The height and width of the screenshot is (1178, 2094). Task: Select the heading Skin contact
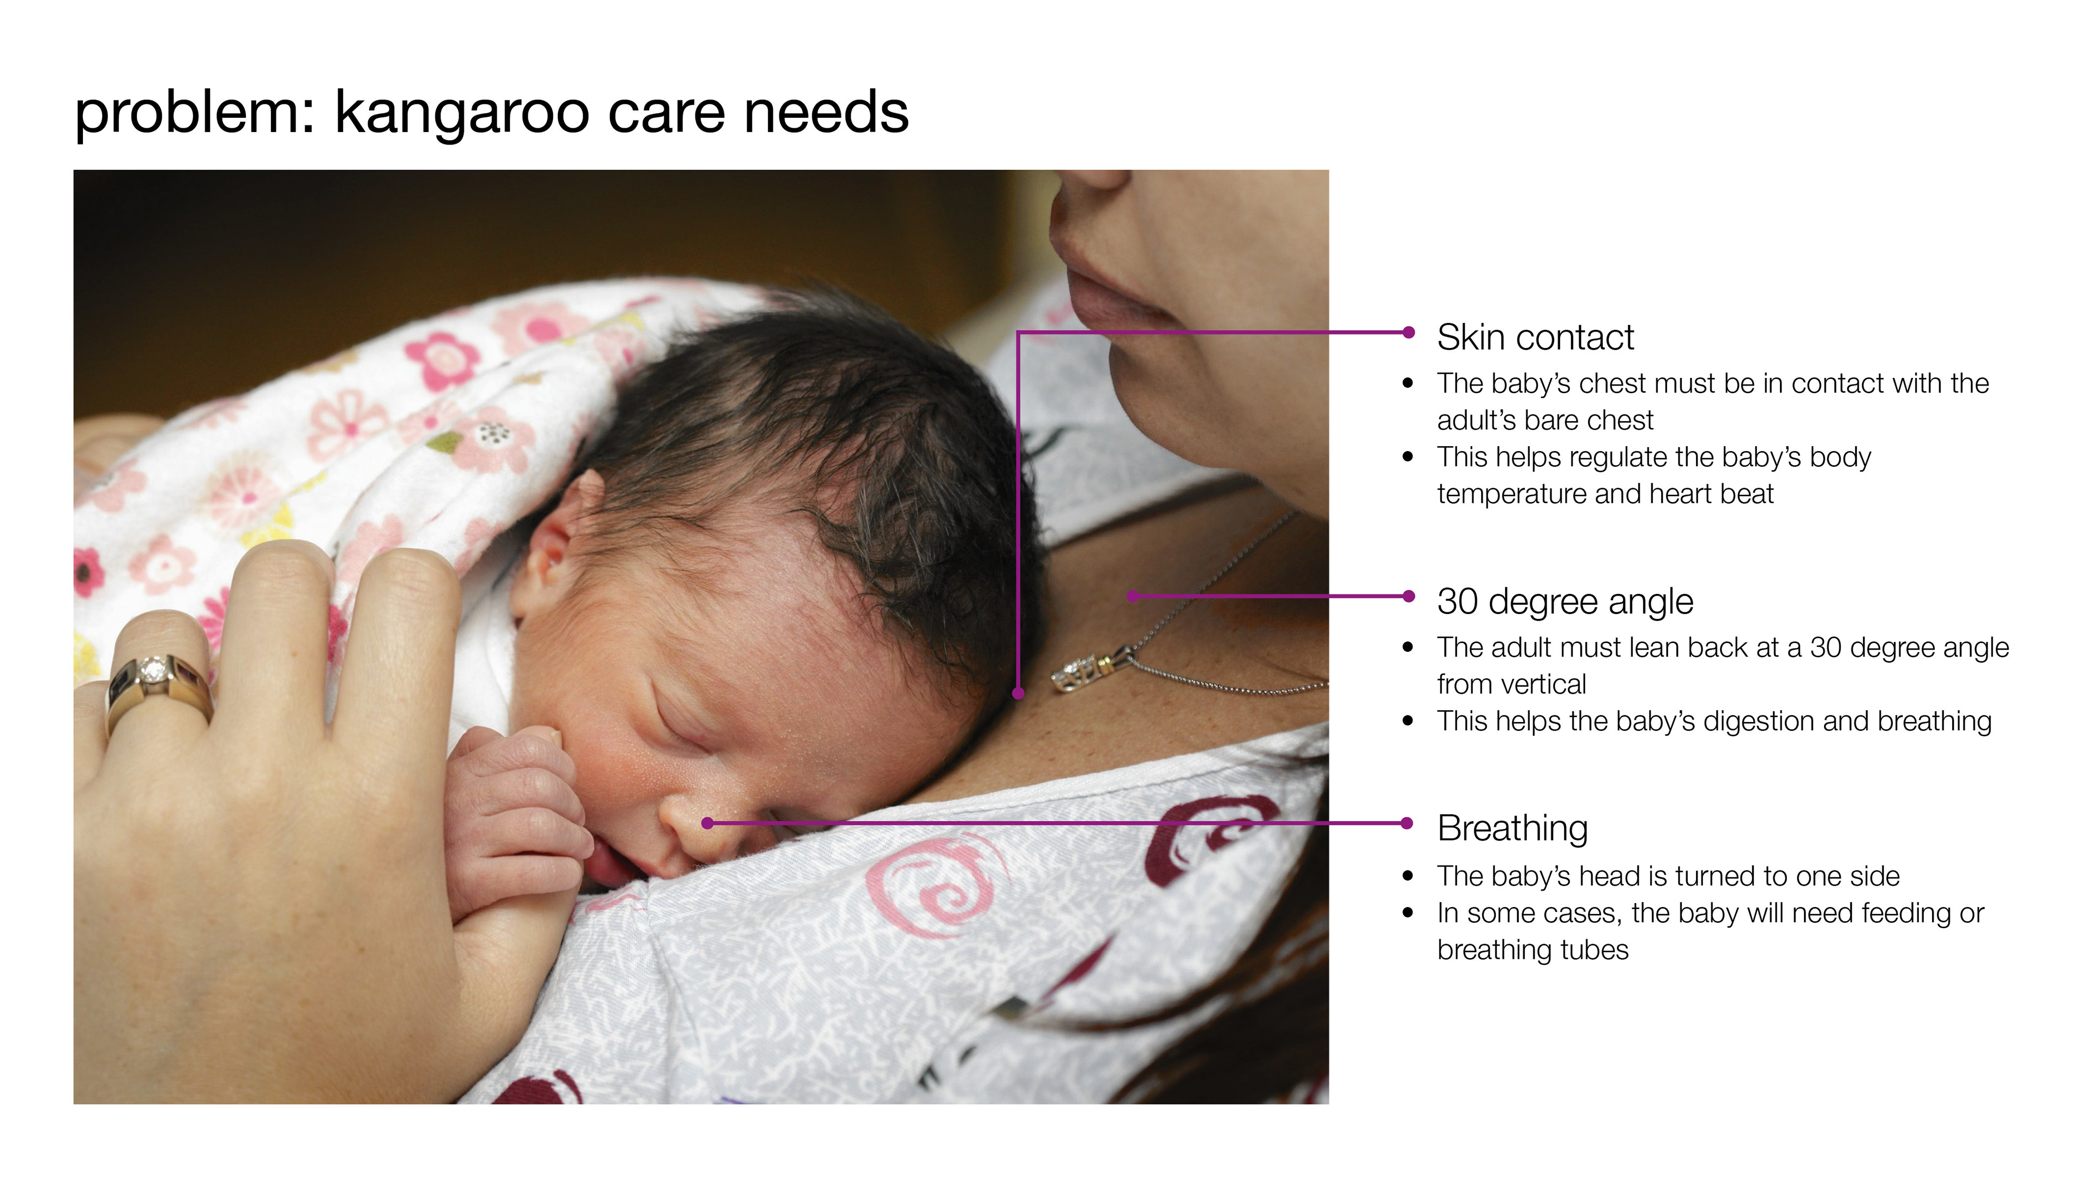coord(1535,338)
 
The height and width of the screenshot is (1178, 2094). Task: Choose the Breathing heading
coord(1512,828)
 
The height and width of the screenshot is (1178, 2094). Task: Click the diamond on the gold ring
coord(152,671)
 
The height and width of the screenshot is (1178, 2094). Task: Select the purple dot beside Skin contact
coord(1409,332)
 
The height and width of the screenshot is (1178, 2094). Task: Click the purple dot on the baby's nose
coord(707,824)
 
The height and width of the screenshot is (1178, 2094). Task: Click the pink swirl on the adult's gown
coord(935,887)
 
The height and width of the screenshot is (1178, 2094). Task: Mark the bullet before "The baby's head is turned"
coord(1408,876)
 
